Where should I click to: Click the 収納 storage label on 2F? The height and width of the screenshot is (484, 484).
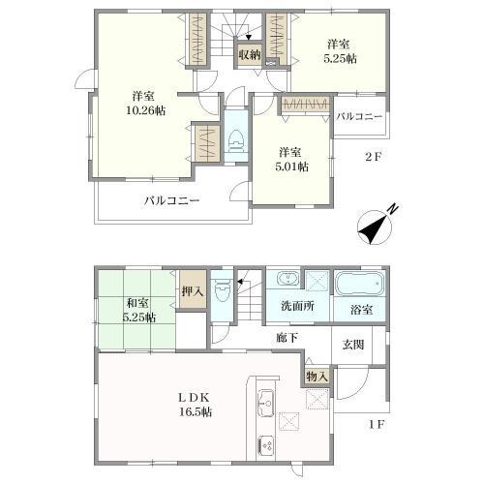[x=250, y=54]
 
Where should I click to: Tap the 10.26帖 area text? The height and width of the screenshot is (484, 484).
[x=146, y=110]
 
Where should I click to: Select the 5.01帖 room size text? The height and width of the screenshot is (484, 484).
[x=291, y=166]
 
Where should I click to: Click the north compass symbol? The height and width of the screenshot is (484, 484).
[x=376, y=227]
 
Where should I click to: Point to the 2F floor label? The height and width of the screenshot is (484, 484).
[x=374, y=157]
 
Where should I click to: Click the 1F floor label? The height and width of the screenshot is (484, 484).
[x=376, y=425]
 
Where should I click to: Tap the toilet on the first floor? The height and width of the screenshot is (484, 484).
[x=222, y=289]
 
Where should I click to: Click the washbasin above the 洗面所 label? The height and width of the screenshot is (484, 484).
[x=287, y=279]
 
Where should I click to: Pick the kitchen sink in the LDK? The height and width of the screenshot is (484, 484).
[x=265, y=403]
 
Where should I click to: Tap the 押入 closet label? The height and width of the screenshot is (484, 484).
[x=193, y=291]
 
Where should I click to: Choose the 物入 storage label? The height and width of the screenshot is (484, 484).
[x=318, y=377]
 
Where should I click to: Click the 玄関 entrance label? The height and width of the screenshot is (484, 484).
[x=353, y=345]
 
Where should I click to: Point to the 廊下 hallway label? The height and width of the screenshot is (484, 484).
[x=287, y=338]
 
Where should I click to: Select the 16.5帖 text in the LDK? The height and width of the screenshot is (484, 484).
[x=196, y=411]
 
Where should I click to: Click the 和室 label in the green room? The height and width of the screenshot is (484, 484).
[x=137, y=303]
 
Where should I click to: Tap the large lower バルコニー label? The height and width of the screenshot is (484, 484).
[x=171, y=200]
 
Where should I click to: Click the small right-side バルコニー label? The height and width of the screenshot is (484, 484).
[x=359, y=117]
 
